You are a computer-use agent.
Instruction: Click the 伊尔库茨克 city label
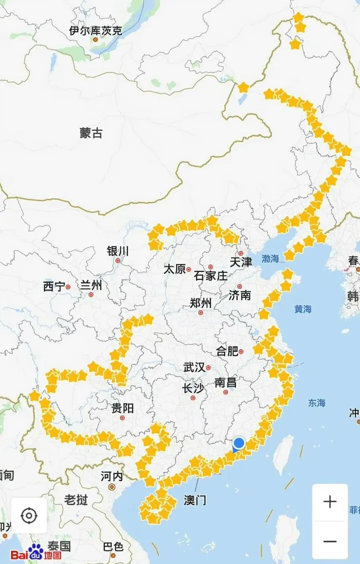[95, 30]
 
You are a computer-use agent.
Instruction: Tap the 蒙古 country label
[91, 133]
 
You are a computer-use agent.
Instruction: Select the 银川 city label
[118, 250]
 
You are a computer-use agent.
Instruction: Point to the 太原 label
[174, 269]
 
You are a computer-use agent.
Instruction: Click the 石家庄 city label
[210, 275]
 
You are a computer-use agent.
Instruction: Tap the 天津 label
[241, 261]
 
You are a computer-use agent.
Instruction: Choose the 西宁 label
[54, 286]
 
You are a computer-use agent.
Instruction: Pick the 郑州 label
[200, 303]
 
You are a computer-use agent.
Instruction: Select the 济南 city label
[240, 295]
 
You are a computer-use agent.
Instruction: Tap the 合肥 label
[227, 351]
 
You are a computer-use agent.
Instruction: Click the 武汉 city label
[194, 367]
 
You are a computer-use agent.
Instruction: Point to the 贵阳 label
[122, 408]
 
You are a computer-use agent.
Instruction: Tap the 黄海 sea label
[303, 309]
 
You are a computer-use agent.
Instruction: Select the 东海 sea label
[316, 402]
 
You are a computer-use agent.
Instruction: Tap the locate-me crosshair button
[29, 515]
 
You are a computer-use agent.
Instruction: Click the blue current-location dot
[239, 443]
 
